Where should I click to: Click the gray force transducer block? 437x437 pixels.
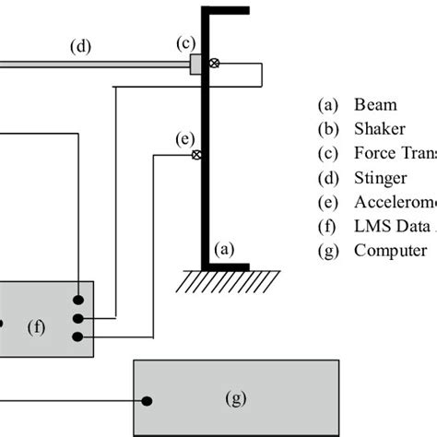(196, 64)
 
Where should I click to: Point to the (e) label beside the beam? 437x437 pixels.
(183, 140)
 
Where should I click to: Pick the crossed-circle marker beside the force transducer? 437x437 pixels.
(214, 64)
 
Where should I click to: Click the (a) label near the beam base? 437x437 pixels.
(224, 248)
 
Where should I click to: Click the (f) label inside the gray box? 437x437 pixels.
(37, 325)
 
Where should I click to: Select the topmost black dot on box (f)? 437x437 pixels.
(82, 300)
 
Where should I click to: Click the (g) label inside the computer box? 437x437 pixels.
(237, 398)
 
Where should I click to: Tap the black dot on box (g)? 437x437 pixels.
(147, 399)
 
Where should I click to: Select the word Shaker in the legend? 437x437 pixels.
(379, 128)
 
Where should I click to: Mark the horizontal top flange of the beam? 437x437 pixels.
(225, 11)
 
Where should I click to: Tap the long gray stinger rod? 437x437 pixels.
(92, 64)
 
